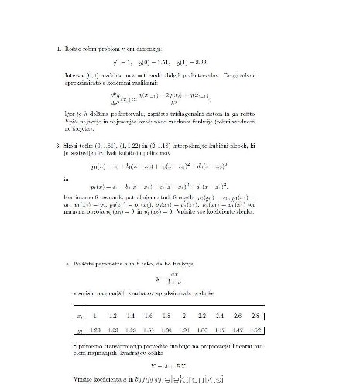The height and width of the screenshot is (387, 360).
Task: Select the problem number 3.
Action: click(x=69, y=144)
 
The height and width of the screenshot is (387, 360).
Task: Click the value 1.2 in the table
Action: click(x=112, y=317)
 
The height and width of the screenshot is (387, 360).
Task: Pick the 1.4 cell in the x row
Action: click(x=130, y=317)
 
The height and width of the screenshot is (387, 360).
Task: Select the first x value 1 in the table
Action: click(x=95, y=317)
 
